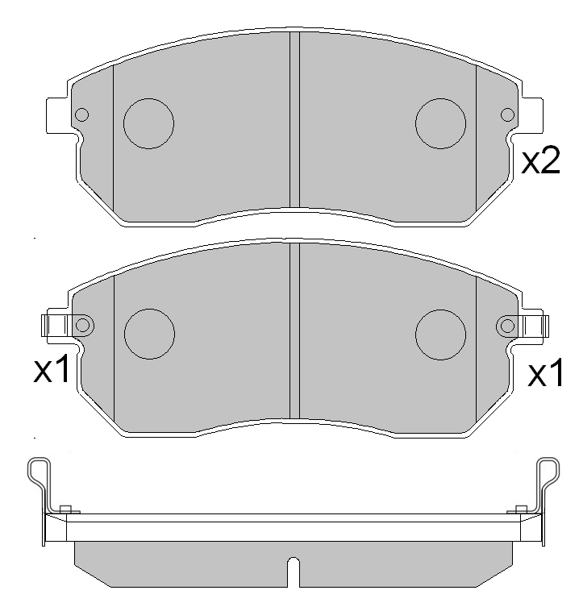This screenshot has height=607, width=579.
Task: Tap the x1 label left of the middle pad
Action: tap(54, 371)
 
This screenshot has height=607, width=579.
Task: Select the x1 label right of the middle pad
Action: tap(544, 374)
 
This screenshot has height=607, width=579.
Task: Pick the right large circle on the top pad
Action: tap(440, 123)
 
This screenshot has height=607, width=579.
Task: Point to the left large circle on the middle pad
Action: tap(149, 333)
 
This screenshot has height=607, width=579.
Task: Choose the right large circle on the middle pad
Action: tap(440, 333)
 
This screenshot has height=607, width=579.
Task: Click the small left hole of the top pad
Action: tap(81, 115)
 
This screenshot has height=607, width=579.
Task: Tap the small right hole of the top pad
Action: tap(507, 115)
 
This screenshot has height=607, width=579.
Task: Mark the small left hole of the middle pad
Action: tap(81, 325)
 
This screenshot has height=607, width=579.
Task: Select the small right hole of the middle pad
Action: tap(507, 325)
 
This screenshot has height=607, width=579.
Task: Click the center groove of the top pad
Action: tap(294, 121)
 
